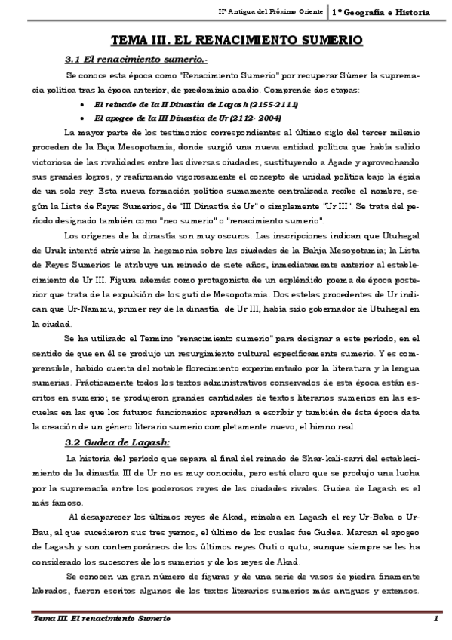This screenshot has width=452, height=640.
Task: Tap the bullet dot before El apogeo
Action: tap(81, 118)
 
